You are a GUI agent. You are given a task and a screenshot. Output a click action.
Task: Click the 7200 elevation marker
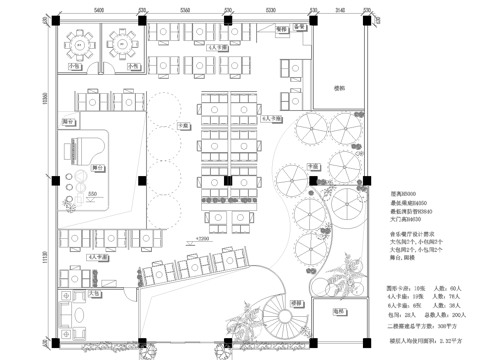click(202, 240)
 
